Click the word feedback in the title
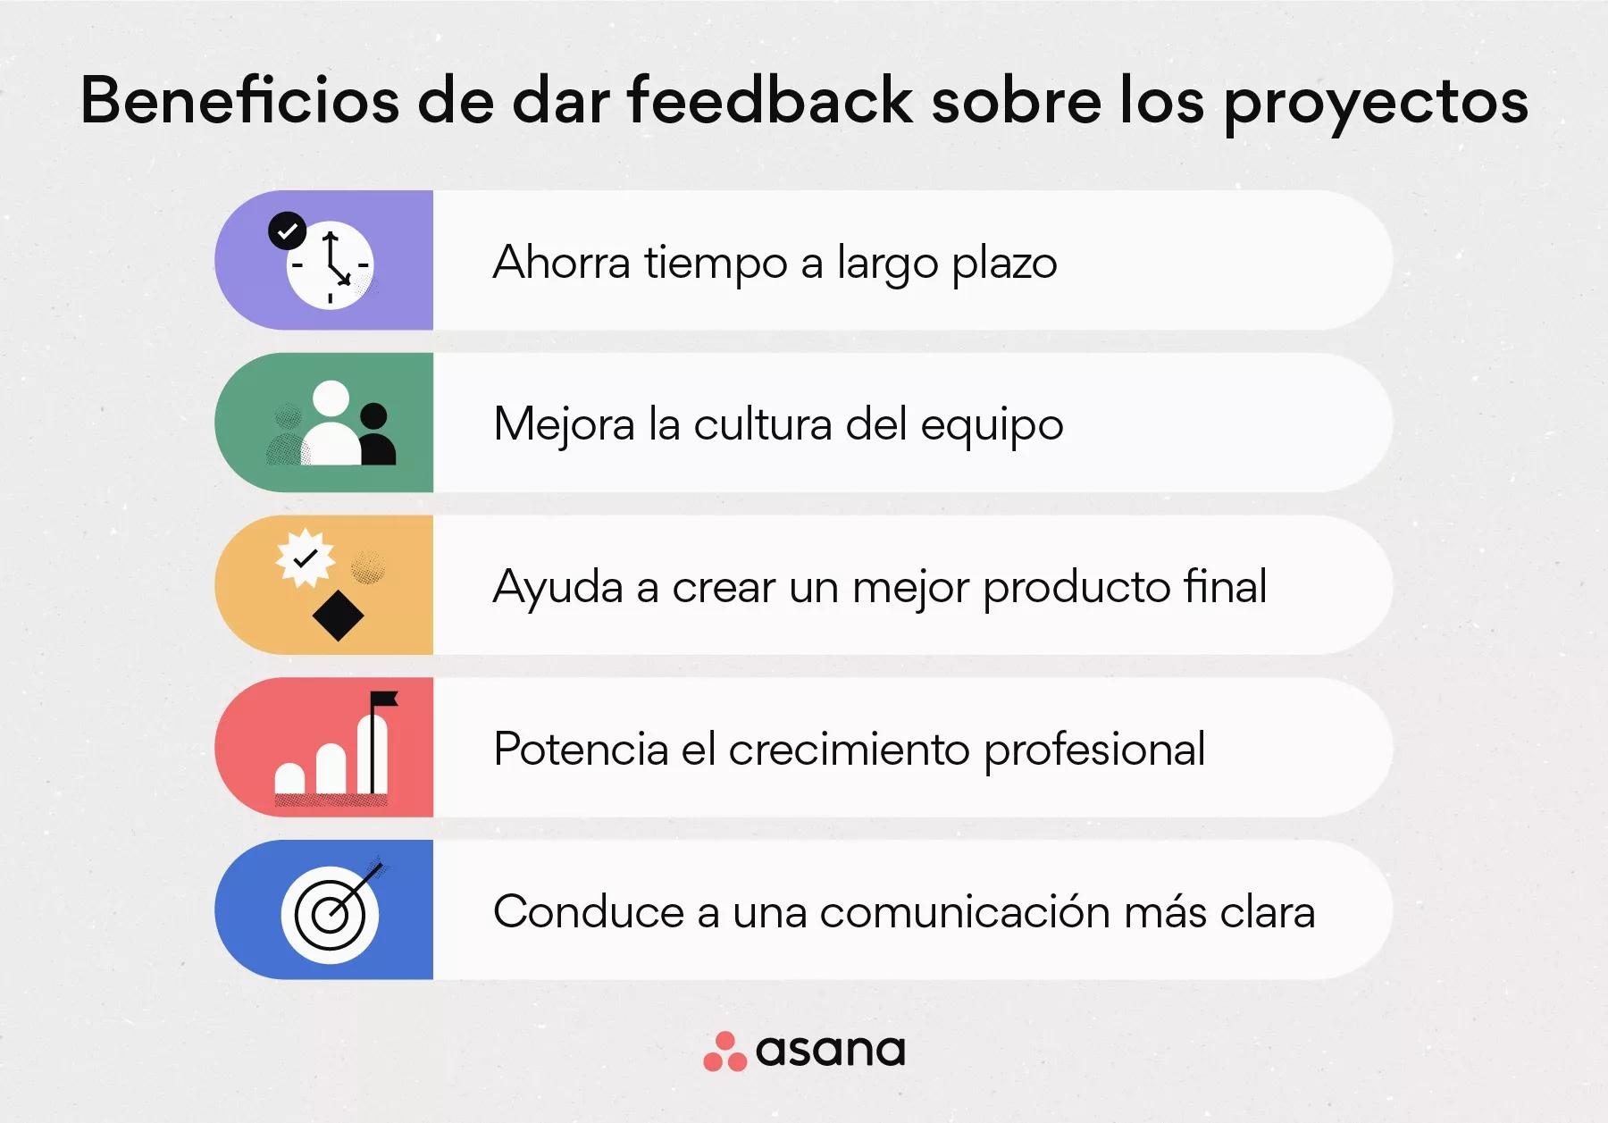coord(769,99)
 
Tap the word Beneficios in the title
coord(239,99)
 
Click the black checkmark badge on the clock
coord(287,231)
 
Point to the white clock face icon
coord(331,265)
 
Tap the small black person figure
coord(375,435)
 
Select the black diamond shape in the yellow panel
coord(338,616)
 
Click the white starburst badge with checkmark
coord(306,558)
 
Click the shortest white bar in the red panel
coord(289,778)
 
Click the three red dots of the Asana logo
coord(724,1052)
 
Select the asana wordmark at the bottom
coord(830,1052)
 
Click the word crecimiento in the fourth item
coord(849,749)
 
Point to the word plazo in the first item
coord(1004,264)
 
